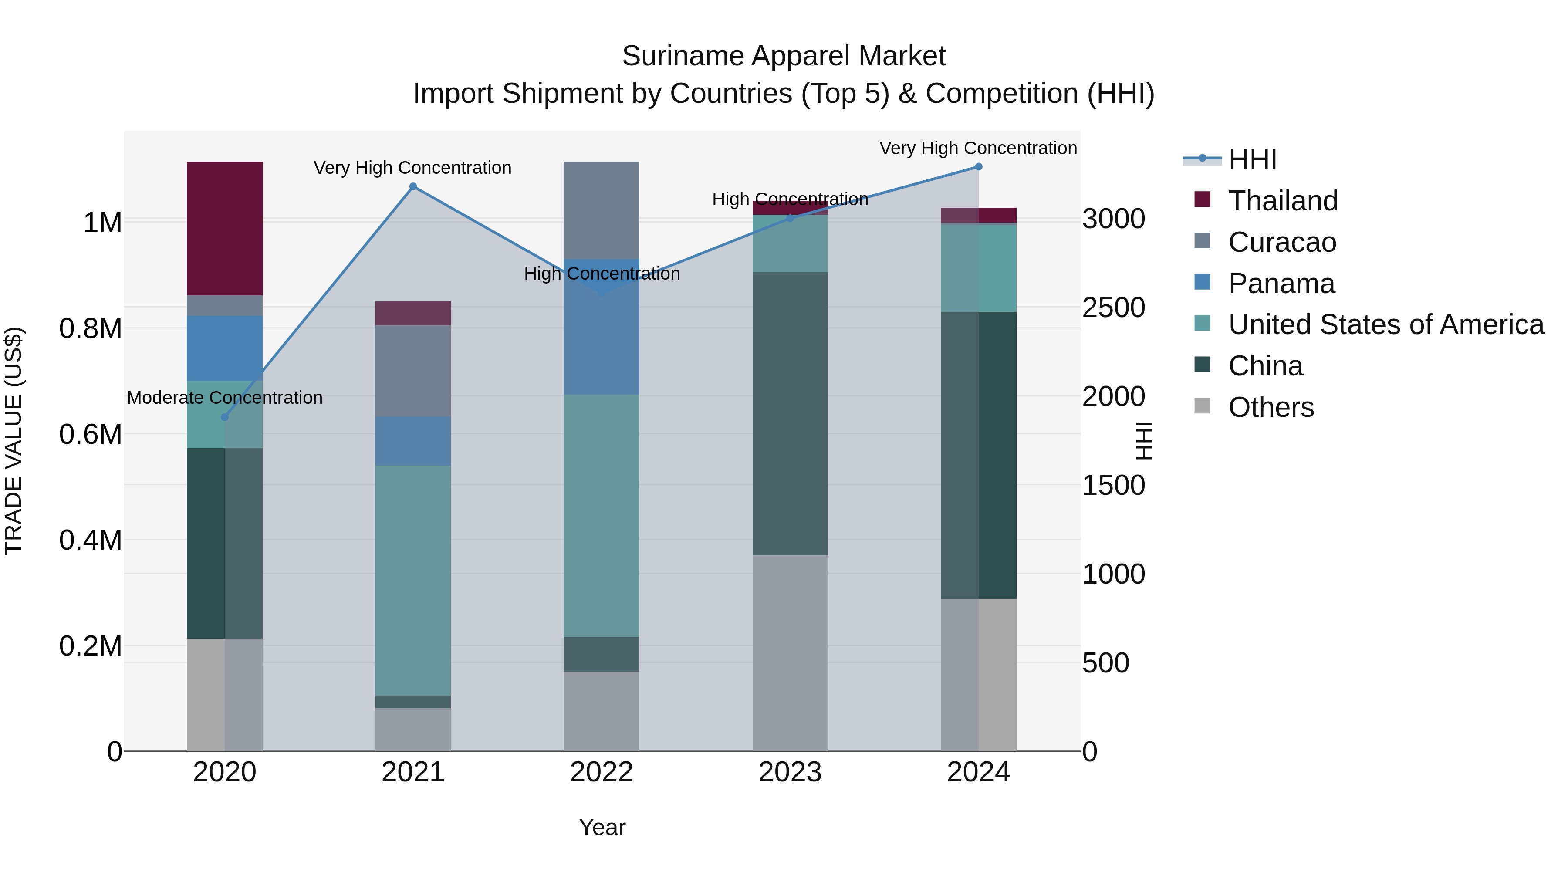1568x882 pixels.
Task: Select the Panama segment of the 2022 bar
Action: click(x=602, y=341)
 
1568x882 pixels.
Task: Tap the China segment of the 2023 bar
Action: click(x=790, y=413)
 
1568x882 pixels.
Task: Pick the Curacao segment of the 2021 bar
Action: click(x=413, y=371)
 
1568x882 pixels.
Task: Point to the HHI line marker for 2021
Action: click(x=413, y=187)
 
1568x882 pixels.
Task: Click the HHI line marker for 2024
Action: click(x=978, y=167)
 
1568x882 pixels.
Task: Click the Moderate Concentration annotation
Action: click(x=225, y=398)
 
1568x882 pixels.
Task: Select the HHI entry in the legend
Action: click(x=1251, y=159)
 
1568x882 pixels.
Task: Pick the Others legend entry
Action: click(x=1271, y=407)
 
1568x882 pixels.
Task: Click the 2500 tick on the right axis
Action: click(x=1113, y=308)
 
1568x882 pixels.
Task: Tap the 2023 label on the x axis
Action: click(x=790, y=772)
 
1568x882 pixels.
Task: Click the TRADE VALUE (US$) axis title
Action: click(x=14, y=441)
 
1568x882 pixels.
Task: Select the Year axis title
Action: click(x=602, y=827)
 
